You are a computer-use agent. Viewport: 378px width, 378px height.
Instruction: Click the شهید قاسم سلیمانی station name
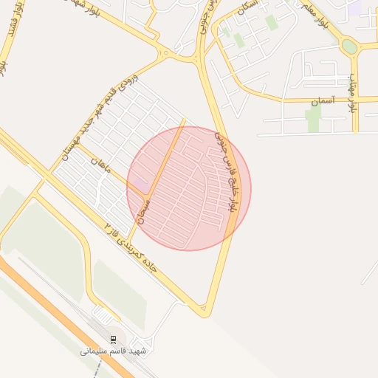(x=114, y=351)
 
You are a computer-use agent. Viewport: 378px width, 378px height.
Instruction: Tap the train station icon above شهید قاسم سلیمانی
(x=113, y=339)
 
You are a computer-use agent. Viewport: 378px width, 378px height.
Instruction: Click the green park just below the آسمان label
(x=314, y=120)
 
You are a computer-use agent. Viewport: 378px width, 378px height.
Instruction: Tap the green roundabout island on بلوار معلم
(x=349, y=47)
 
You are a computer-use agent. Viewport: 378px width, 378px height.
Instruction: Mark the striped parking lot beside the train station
(x=103, y=316)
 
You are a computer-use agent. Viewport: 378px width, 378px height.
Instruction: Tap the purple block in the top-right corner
(x=357, y=7)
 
